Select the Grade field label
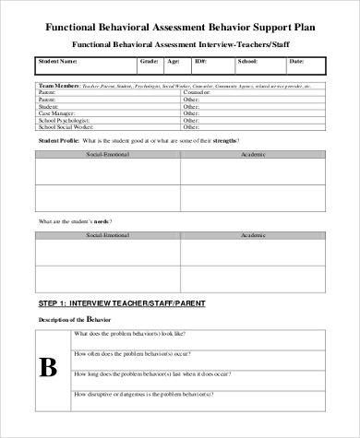(x=149, y=62)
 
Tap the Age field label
(x=174, y=62)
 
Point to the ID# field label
(x=200, y=62)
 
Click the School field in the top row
(x=246, y=62)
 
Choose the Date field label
(x=296, y=62)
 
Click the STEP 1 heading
(x=122, y=302)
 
